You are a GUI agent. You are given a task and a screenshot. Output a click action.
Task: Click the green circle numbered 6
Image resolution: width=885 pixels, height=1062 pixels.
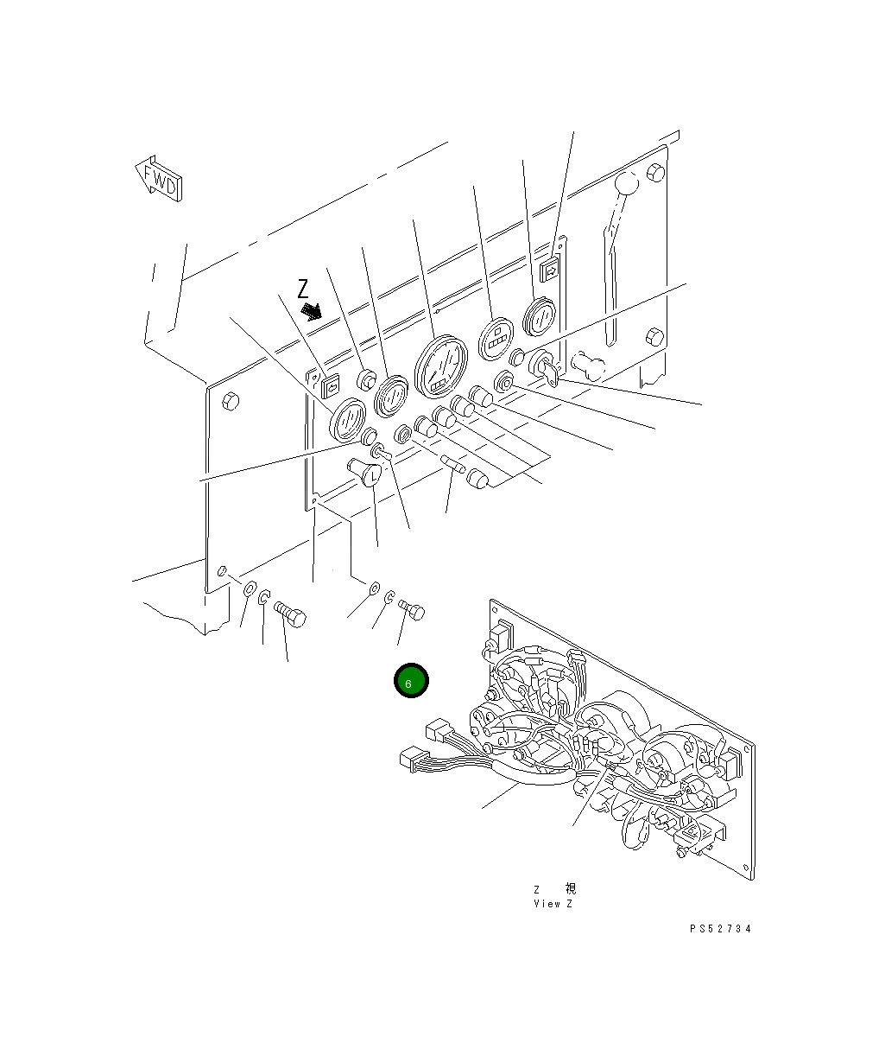pos(411,681)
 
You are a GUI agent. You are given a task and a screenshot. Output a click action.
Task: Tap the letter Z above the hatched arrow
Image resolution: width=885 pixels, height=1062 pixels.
pos(302,289)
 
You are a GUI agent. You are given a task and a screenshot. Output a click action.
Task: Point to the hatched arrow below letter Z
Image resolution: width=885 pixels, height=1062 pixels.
pos(310,310)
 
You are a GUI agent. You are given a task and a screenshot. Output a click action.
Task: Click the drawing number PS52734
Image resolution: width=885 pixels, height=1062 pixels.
pos(720,929)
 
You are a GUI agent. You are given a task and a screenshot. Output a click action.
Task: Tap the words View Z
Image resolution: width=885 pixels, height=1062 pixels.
pos(553,904)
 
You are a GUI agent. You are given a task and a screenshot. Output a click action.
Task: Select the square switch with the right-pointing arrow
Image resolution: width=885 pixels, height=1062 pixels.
pos(549,271)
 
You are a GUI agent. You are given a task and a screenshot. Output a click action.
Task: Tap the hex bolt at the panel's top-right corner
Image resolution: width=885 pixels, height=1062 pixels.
pos(655,174)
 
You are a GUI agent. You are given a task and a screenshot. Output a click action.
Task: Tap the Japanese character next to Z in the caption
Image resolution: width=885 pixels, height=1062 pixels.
pos(570,889)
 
